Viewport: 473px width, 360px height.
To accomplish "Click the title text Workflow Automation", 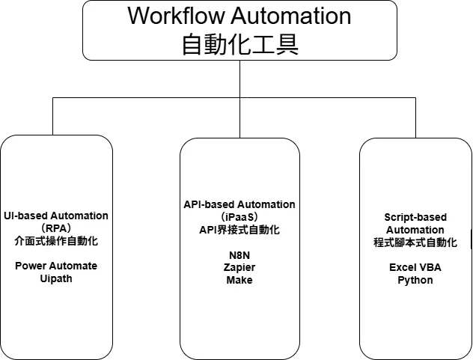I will tap(239, 16).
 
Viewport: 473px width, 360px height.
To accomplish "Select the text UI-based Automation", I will tap(56, 216).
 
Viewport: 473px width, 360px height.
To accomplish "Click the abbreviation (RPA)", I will tap(56, 228).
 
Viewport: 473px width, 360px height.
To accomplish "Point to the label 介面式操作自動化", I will tap(56, 241).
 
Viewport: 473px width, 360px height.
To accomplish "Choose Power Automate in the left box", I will tap(56, 266).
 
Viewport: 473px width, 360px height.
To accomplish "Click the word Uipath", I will tap(56, 278).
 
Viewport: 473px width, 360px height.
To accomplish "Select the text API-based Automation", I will tap(239, 204).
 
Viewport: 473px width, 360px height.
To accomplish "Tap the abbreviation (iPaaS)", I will tap(239, 217).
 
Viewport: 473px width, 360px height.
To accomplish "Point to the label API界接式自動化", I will tap(239, 230).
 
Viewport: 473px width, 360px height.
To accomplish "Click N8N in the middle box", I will tap(239, 254).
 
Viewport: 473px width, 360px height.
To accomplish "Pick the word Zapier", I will tap(239, 267).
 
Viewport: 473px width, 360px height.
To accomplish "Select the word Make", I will tap(239, 280).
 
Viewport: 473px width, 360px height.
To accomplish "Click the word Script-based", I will tap(415, 217).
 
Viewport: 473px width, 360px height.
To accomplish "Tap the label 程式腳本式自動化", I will tap(415, 242).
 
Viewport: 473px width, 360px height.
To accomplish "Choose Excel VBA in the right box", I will tap(415, 267).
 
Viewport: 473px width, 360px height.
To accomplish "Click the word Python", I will tap(415, 280).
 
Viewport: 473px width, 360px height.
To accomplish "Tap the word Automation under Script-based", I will tap(415, 230).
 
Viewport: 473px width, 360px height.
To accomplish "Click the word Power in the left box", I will tap(30, 266).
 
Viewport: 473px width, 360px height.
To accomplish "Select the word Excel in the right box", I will tap(403, 267).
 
